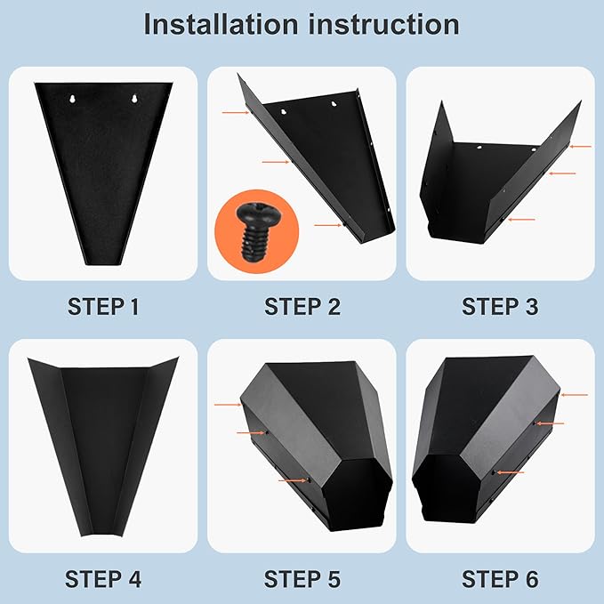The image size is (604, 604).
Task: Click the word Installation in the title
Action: (x=221, y=24)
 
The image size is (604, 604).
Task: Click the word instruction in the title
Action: (x=383, y=24)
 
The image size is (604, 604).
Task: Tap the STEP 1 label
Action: (x=103, y=307)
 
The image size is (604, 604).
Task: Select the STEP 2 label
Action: (x=302, y=307)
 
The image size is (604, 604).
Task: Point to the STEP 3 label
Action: (x=500, y=307)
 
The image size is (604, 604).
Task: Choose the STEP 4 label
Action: (x=103, y=579)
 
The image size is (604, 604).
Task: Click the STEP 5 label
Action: (x=302, y=579)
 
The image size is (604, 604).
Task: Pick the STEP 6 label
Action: (x=500, y=579)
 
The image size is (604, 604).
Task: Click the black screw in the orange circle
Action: (x=255, y=232)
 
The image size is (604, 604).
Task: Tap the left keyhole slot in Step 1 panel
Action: (x=72, y=99)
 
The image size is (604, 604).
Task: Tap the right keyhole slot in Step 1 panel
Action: (x=134, y=99)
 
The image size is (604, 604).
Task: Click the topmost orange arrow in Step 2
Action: (x=236, y=112)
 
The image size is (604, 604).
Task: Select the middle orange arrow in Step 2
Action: (x=276, y=162)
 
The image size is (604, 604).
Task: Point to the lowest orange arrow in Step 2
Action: (x=328, y=225)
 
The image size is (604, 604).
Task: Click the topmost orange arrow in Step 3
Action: (x=581, y=147)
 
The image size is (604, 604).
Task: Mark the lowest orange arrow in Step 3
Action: (x=521, y=220)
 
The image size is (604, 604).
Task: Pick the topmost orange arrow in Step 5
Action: (x=228, y=405)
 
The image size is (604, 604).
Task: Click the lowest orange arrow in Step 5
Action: (x=294, y=480)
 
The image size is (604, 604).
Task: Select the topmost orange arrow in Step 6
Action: (x=575, y=395)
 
